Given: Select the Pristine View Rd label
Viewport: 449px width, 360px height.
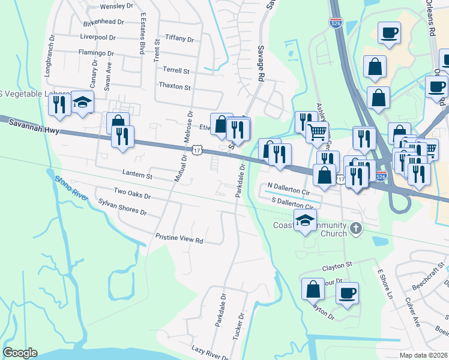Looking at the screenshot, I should (x=179, y=238).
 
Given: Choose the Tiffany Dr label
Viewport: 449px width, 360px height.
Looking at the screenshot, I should (x=179, y=39).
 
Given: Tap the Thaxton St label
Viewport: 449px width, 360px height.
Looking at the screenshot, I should (x=174, y=87).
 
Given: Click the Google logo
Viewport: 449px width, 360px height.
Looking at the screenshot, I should (x=20, y=353).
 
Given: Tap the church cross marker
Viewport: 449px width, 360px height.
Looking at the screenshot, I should (x=356, y=228).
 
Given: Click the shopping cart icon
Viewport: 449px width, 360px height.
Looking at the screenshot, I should (x=317, y=131).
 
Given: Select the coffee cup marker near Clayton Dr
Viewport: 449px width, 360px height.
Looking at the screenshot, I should (x=346, y=293).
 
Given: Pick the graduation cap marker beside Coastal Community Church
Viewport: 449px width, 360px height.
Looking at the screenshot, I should (x=306, y=220).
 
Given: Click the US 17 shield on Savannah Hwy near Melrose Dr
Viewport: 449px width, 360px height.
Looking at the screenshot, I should (x=197, y=151).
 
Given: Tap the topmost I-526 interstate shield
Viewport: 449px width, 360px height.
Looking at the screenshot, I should (x=336, y=23).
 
